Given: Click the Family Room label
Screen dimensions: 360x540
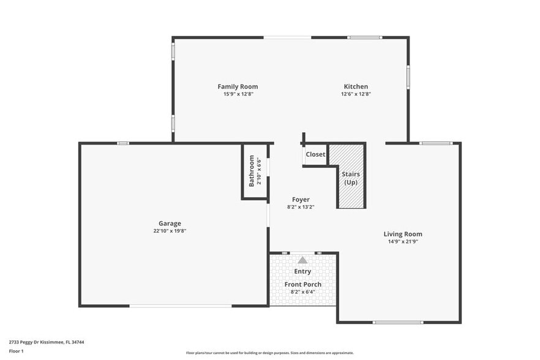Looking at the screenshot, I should (238, 86).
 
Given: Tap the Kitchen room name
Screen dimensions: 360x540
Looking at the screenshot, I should (356, 86).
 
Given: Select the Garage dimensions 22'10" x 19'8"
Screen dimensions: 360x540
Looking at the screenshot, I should (170, 231).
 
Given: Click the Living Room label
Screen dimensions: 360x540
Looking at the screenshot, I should (402, 234).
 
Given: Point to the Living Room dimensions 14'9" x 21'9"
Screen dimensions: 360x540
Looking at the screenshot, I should (402, 242).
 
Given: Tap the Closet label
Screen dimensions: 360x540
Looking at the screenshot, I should (315, 154).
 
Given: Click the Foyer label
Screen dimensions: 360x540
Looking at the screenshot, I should (300, 200).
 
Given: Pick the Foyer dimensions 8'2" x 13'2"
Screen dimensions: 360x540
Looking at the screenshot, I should (300, 207).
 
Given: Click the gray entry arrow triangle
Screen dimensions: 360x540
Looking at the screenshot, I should (302, 260).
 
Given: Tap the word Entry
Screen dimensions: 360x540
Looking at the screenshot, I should (302, 271).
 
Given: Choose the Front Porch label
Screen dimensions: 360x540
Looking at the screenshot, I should (302, 284).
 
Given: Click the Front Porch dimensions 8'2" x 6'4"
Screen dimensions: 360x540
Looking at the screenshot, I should (302, 292).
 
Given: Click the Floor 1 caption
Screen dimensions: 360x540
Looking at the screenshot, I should (16, 351).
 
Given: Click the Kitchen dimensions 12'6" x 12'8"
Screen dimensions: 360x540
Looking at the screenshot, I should (356, 94).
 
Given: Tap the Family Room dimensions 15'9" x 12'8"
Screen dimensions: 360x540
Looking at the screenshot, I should (238, 94).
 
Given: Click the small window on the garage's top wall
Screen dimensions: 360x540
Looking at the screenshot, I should (123, 143).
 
